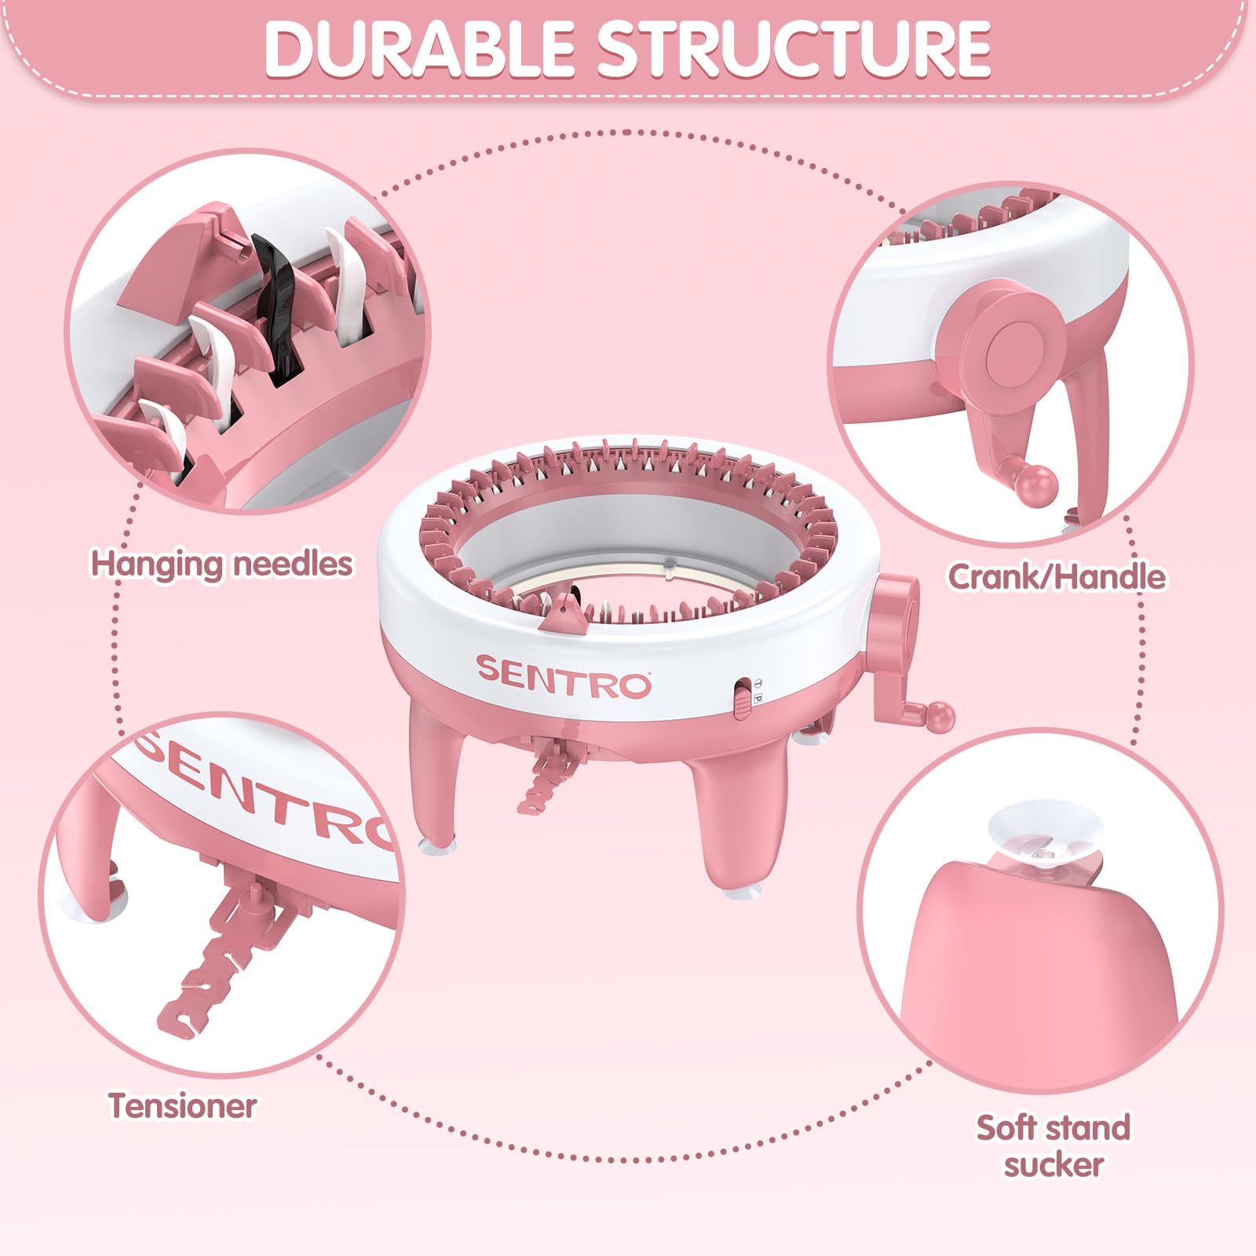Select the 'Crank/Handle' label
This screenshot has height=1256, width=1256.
(1057, 576)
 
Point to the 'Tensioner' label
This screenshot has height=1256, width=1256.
(183, 1105)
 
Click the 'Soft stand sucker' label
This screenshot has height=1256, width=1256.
(1053, 1145)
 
